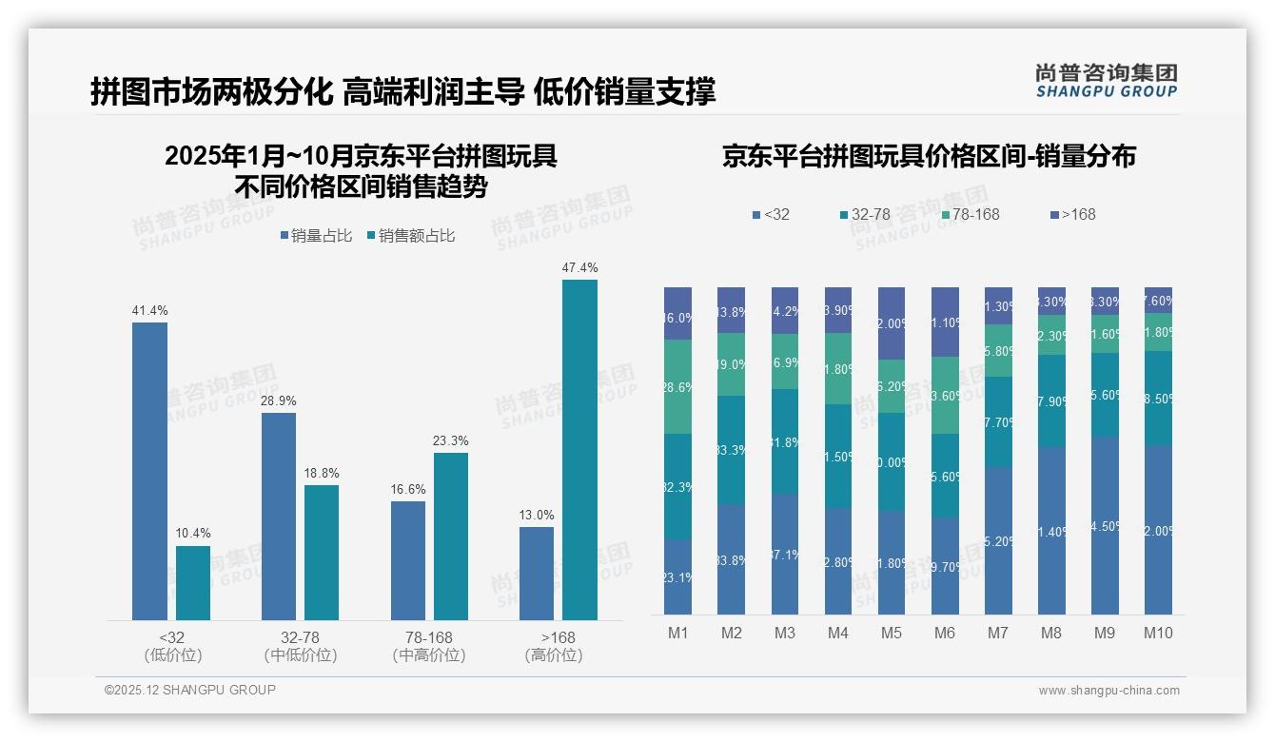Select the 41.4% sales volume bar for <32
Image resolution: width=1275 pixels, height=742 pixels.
click(x=149, y=471)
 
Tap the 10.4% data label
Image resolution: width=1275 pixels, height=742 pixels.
click(x=193, y=533)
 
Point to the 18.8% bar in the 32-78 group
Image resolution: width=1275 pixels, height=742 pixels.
click(x=322, y=553)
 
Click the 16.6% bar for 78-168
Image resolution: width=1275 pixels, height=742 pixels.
click(x=408, y=560)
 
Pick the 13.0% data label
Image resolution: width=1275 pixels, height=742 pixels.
click(x=537, y=515)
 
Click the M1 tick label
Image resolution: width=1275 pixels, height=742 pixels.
click(x=677, y=633)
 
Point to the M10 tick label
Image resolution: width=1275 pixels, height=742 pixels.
click(x=1158, y=633)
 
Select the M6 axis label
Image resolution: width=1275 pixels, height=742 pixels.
click(x=945, y=633)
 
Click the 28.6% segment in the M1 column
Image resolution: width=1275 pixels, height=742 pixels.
click(x=677, y=386)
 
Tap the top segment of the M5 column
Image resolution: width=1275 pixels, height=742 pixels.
click(x=892, y=323)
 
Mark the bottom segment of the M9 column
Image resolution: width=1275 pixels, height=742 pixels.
click(x=1105, y=525)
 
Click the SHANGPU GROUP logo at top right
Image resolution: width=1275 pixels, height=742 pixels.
click(x=1106, y=80)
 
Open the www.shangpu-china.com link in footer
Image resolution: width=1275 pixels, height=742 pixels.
click(x=1108, y=691)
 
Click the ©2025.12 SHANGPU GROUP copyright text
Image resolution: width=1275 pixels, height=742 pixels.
click(x=190, y=690)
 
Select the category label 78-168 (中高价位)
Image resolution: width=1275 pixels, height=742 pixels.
click(x=428, y=646)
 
